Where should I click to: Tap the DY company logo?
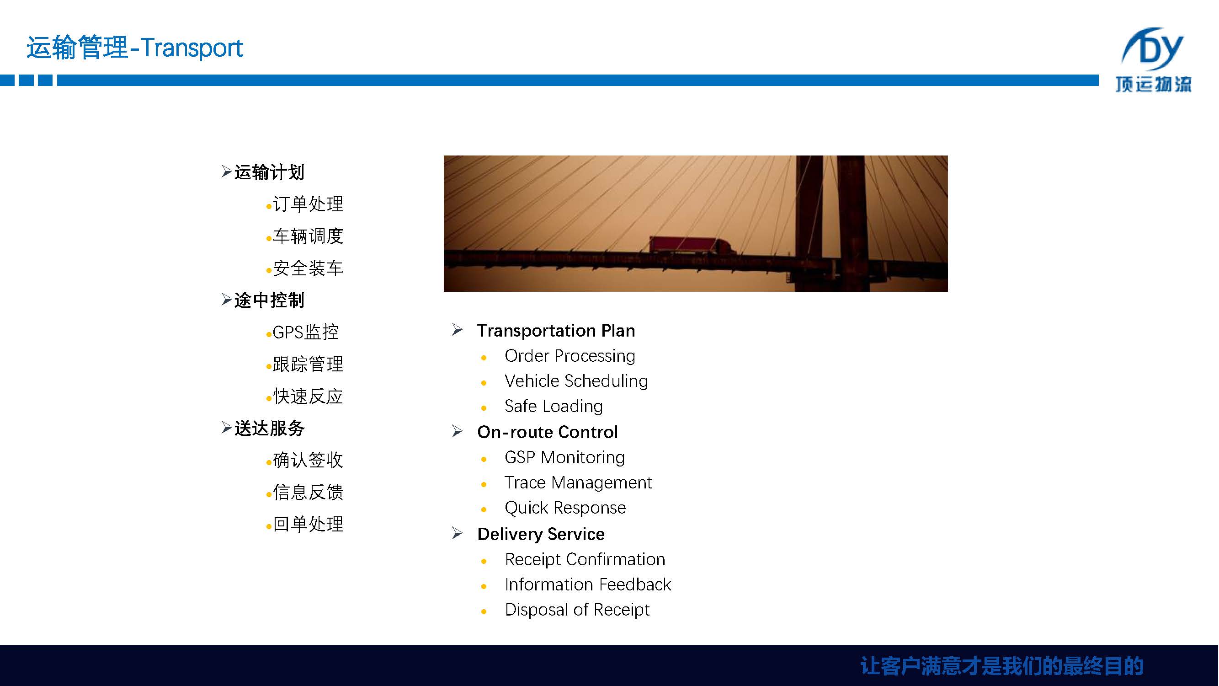1154,59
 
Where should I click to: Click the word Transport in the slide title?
192,48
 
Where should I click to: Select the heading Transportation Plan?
556,331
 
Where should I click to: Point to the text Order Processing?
570,356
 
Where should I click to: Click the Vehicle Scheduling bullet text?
576,381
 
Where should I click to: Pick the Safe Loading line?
554,406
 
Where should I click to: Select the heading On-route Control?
548,432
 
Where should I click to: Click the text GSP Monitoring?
564,457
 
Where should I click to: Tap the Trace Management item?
578,482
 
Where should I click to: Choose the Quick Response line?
565,508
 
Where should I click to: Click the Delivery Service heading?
541,534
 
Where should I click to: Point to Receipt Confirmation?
585,560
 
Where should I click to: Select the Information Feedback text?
588,584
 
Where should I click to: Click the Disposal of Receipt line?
577,610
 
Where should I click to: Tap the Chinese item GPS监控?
306,332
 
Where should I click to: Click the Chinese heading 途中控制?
269,300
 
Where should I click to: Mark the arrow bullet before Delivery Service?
457,533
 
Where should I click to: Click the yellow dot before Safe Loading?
484,407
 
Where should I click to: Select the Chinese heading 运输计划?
269,172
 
